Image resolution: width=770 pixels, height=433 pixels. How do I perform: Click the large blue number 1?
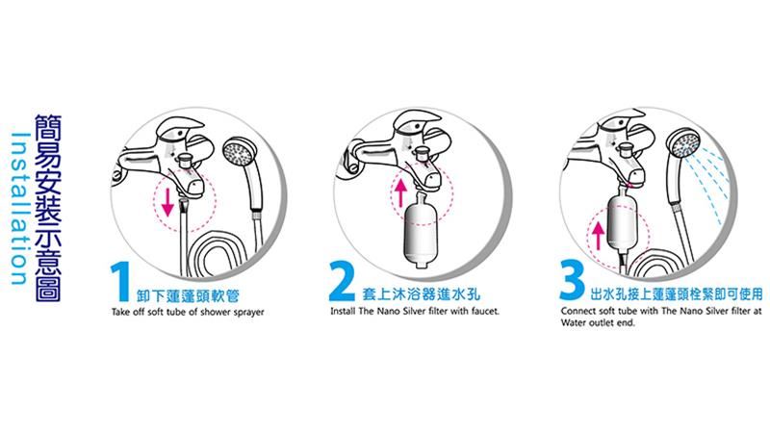pos(120,281)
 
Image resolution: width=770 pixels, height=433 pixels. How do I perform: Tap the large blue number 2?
pos(342,281)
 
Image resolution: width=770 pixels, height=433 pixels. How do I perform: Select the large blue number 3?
pos(573,280)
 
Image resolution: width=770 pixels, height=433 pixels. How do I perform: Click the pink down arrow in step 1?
pos(167,201)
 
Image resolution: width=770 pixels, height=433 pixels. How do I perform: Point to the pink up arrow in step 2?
pos(401,192)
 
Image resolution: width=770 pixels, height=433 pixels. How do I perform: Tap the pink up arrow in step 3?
pos(598,235)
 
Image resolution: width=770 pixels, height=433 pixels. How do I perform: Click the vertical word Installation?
pos(19,208)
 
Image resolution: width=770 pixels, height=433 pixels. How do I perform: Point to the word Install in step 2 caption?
pos(343,311)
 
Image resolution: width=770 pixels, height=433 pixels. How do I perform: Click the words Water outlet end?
pos(598,322)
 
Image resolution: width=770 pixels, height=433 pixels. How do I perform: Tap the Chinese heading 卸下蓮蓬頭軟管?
pos(189,295)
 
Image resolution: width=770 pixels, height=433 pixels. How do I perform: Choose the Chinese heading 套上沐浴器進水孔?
pos(421,294)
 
